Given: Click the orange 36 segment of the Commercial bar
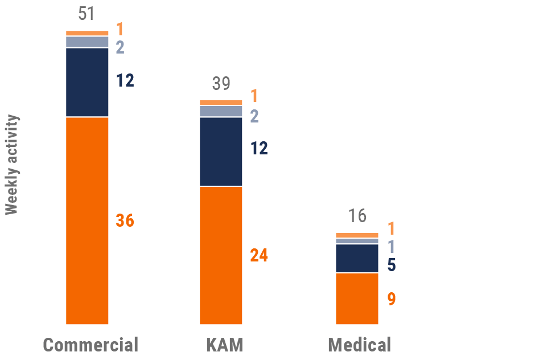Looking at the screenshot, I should (x=87, y=220).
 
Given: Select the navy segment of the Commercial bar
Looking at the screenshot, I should (x=87, y=82).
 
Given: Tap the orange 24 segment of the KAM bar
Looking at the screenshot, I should (x=221, y=255).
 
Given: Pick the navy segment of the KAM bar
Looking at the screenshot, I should (x=221, y=152).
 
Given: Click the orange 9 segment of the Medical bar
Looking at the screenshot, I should (x=357, y=298).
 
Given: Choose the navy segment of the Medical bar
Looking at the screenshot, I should (x=357, y=258).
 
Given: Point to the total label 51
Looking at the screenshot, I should (x=87, y=14).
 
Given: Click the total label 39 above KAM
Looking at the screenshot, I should (x=221, y=84).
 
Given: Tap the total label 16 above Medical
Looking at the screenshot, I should (x=357, y=216).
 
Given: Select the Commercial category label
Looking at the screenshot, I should (x=90, y=345).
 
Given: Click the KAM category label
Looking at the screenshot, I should (x=224, y=345).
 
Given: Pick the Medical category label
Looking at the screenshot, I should (x=360, y=345).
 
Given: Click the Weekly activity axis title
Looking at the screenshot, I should (x=12, y=165).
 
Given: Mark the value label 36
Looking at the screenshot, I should (x=125, y=221).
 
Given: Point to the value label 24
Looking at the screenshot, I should (x=259, y=256).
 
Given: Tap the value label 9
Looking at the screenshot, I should (x=392, y=299).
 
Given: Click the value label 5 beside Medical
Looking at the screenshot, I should (x=392, y=265).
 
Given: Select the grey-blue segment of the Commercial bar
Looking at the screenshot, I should (x=87, y=42).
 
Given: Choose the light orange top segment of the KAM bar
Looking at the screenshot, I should (x=221, y=103).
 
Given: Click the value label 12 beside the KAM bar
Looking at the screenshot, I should (x=259, y=149).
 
